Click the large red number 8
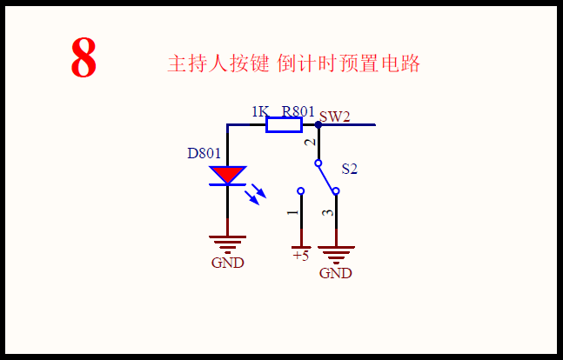(x=84, y=59)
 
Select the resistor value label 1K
(x=259, y=111)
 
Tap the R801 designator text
(x=298, y=111)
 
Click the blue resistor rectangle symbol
(x=284, y=125)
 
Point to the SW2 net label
(x=334, y=115)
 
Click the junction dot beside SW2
(x=318, y=124)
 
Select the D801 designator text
(x=204, y=154)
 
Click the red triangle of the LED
(x=228, y=174)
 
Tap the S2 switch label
(x=349, y=169)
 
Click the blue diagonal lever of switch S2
(x=326, y=177)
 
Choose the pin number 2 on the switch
(x=308, y=143)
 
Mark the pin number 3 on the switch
(x=327, y=213)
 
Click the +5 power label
(x=300, y=256)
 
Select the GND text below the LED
(x=228, y=263)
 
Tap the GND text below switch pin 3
(x=336, y=273)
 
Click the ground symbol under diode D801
(x=228, y=243)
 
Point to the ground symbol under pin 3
(x=336, y=254)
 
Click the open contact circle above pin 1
(x=300, y=190)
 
